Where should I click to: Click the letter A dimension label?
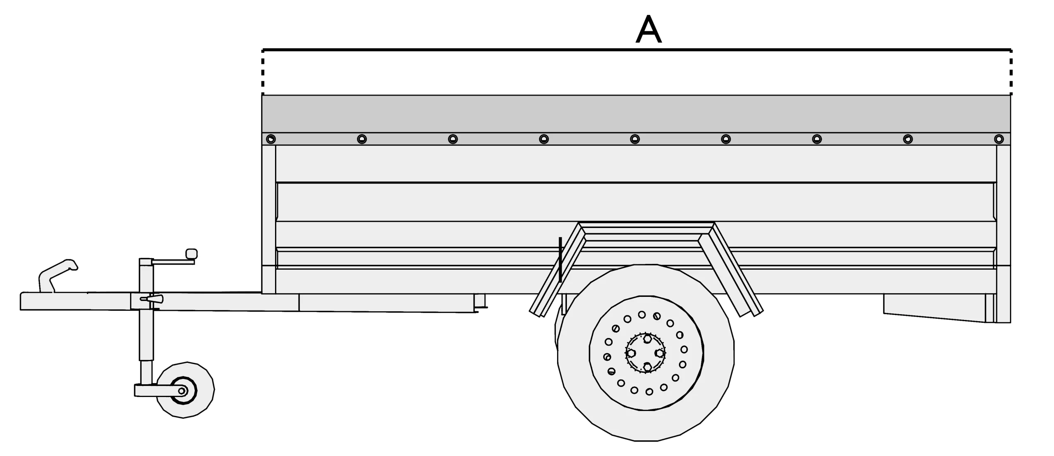648,30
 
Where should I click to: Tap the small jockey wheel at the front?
185,390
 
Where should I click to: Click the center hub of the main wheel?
646,353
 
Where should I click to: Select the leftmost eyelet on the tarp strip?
270,139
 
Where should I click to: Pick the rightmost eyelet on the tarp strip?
999,139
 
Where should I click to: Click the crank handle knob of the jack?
191,254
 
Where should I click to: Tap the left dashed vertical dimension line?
263,72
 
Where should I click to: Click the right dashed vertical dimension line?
1011,72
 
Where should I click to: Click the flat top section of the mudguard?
646,231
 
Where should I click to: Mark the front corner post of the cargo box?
268,219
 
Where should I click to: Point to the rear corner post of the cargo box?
1003,219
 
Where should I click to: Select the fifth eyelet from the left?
635,139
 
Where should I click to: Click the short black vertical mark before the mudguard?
560,260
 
